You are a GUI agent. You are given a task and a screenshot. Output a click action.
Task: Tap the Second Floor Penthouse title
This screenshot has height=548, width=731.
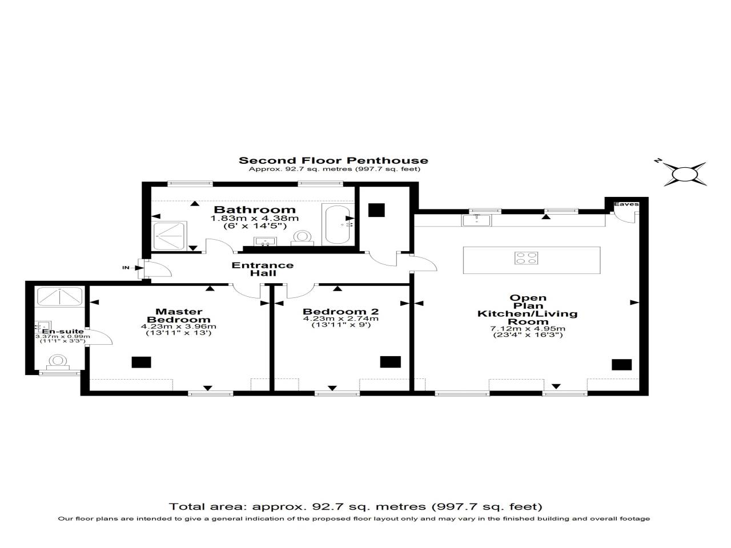(x=333, y=160)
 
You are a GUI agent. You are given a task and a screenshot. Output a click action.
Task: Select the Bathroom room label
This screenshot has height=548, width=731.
(x=255, y=209)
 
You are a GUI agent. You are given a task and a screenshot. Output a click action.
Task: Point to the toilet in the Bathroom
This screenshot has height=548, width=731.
(x=302, y=237)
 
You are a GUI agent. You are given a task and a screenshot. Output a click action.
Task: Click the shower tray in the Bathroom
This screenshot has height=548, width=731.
(x=170, y=236)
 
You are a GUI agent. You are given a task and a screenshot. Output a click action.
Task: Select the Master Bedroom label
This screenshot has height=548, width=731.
(x=179, y=315)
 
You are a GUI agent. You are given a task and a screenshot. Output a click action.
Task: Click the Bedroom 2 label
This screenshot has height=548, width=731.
(x=340, y=311)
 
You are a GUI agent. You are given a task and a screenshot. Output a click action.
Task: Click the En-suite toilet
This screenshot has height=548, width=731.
(x=57, y=361)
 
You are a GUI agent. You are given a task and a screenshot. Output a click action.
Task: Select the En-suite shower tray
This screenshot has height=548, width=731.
(x=60, y=297)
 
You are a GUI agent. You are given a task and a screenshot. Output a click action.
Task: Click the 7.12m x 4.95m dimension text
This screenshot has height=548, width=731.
(x=528, y=328)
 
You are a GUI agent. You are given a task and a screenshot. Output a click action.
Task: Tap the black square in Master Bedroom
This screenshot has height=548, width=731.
(x=140, y=362)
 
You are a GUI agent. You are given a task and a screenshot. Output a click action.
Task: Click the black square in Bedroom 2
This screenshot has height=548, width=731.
(x=391, y=362)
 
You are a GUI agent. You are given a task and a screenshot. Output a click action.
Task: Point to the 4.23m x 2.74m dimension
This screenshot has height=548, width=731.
(x=340, y=319)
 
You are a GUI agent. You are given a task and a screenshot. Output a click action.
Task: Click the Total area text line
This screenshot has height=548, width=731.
(x=355, y=506)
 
